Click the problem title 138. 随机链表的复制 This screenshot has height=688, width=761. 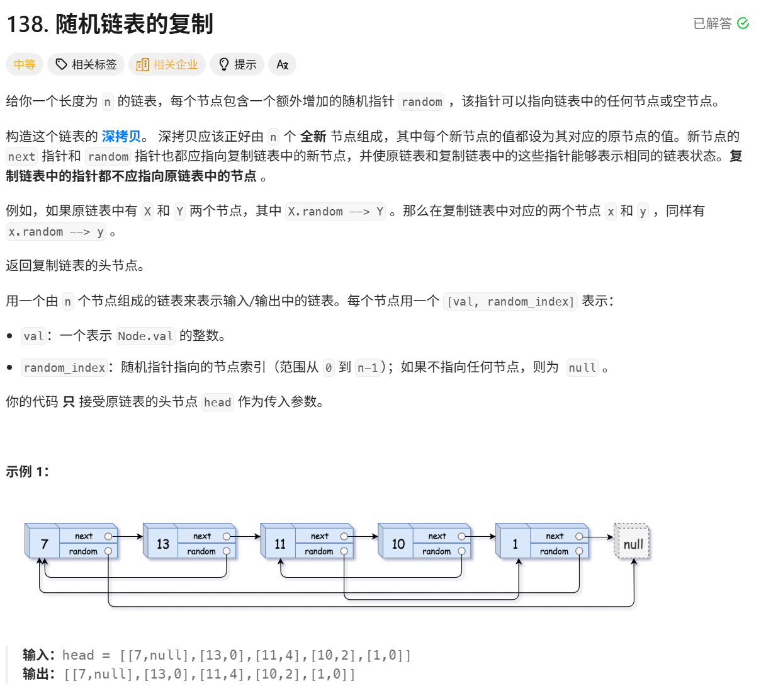click(110, 24)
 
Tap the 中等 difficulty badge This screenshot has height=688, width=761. click(25, 64)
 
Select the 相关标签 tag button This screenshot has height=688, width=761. click(86, 64)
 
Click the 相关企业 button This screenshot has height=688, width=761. click(167, 64)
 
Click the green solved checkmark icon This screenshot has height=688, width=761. click(743, 23)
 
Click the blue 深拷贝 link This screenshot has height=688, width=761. click(121, 136)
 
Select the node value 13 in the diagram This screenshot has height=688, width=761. click(162, 544)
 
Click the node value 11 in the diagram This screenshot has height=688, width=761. click(280, 544)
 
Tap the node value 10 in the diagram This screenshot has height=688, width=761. click(398, 544)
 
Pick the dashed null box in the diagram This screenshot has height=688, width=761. click(633, 543)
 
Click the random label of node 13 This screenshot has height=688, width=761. click(201, 551)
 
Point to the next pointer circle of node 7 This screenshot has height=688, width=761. click(108, 536)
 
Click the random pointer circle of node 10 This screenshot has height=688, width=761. click(461, 551)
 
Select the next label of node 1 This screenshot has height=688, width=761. click(555, 536)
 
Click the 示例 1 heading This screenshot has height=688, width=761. click(27, 471)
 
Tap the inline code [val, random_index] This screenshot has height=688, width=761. click(510, 302)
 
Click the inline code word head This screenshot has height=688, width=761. click(217, 402)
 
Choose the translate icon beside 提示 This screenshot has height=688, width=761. click(282, 64)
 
